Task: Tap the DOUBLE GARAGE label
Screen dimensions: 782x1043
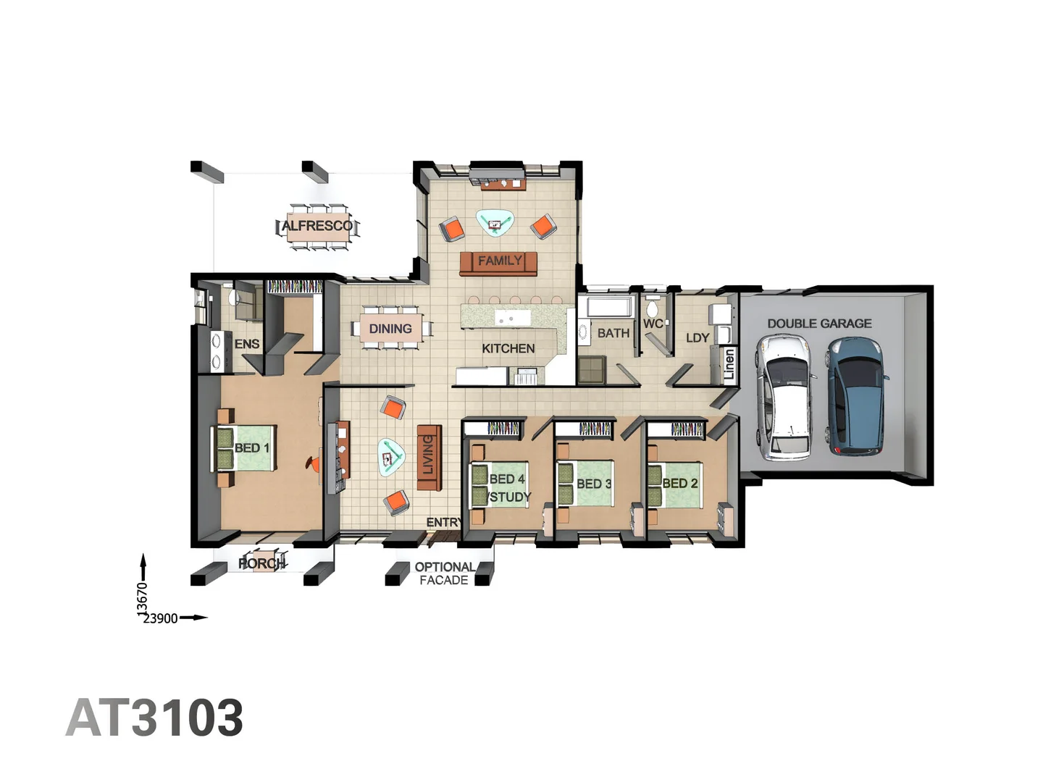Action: coord(819,324)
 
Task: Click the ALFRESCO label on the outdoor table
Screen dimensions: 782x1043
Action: coord(317,226)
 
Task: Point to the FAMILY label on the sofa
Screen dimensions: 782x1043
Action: coord(499,261)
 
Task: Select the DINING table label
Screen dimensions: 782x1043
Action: coord(390,329)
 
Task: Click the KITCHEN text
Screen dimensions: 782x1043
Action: coord(508,348)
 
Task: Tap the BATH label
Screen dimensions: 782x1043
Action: coord(613,333)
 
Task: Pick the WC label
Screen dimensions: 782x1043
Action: coord(652,324)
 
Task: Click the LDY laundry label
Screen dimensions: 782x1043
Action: coord(698,337)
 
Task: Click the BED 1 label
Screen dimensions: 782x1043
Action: coord(252,448)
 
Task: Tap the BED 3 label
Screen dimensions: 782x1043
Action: coord(594,484)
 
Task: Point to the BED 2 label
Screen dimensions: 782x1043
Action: coord(680,483)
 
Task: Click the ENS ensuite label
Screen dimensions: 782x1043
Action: coord(247,344)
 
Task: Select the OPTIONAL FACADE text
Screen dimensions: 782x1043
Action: coord(445,573)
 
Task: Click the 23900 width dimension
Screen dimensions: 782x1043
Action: coord(160,618)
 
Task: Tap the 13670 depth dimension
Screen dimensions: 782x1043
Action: coord(143,600)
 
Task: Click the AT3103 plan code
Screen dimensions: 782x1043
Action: coord(154,718)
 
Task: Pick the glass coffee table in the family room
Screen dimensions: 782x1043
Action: coord(495,223)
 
